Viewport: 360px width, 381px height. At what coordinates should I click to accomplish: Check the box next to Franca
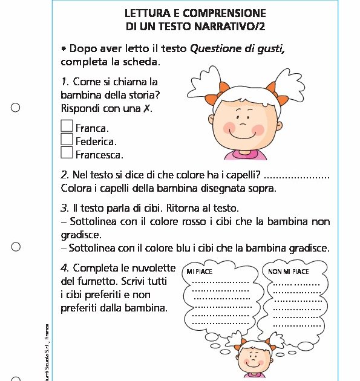tap(67, 126)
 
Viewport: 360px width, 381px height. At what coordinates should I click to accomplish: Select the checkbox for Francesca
tap(67, 152)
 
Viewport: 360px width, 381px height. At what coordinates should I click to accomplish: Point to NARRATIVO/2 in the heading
tap(234, 27)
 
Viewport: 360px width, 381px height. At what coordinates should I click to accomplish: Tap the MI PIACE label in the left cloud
tap(200, 272)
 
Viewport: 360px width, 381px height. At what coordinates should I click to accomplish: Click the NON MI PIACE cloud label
tap(289, 272)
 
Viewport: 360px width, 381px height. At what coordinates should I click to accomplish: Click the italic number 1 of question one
tap(64, 81)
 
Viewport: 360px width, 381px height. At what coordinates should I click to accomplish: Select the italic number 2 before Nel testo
tap(64, 175)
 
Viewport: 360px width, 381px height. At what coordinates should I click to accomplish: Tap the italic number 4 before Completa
tap(64, 267)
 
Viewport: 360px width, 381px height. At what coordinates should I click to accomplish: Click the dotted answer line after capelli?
tap(297, 177)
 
